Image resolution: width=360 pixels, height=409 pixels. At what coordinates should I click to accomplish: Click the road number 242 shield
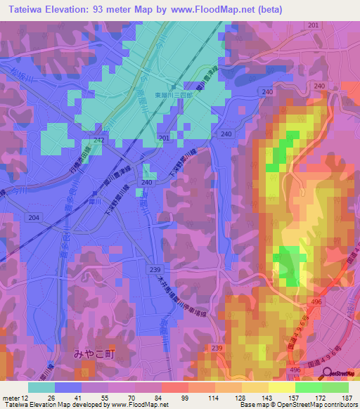pyautogui.click(x=98, y=141)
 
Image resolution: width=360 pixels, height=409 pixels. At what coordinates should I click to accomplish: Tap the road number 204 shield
pyautogui.click(x=34, y=218)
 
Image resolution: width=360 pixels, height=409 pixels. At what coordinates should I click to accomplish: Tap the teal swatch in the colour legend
pyautogui.click(x=41, y=387)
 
